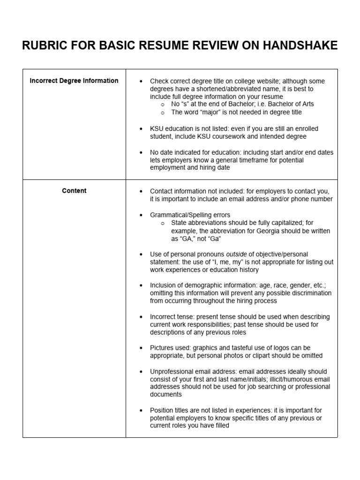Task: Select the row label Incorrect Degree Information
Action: coord(74,81)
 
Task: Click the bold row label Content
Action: coord(74,191)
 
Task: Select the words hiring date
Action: coord(214,167)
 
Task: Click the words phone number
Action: coord(312,199)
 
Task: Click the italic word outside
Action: coord(236,254)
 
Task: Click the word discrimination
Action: coord(310,293)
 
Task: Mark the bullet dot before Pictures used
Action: coord(141,348)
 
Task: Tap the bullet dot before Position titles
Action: coord(141,410)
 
